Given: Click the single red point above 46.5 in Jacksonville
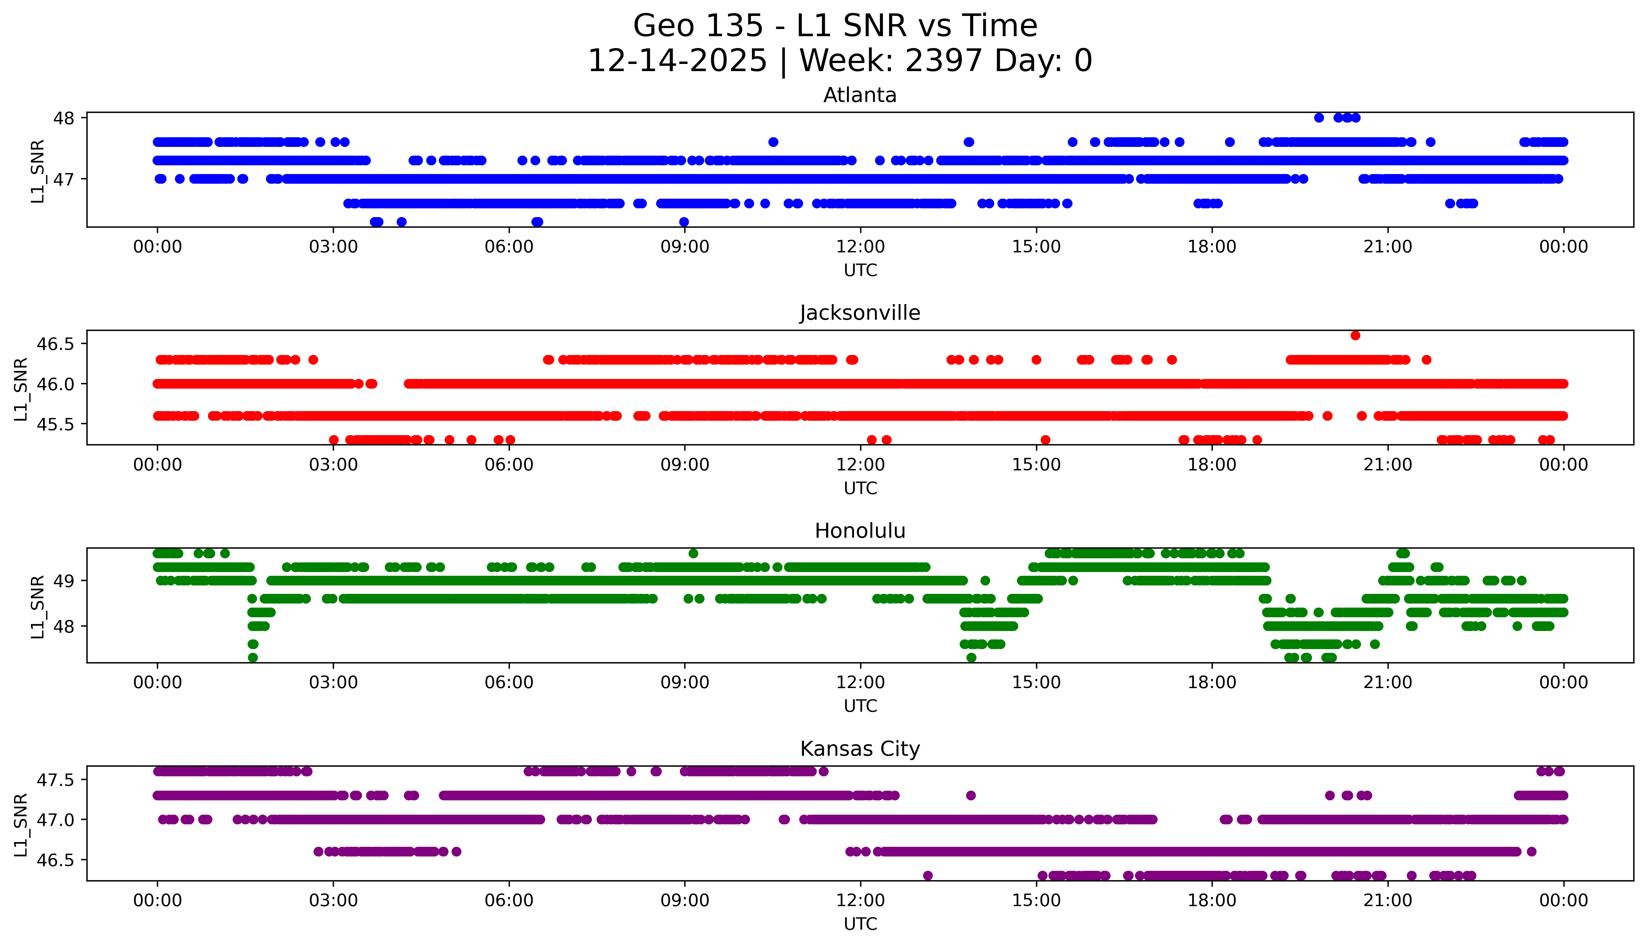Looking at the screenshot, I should [1355, 335].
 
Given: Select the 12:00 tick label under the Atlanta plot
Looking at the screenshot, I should [860, 247].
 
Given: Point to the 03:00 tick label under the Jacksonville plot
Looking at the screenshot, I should [333, 464].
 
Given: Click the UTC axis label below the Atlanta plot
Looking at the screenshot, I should [860, 270].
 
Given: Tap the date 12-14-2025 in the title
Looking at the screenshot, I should [677, 61].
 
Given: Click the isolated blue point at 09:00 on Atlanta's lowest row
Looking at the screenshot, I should [684, 222].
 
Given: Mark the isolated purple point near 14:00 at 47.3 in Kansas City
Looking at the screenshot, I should [971, 795].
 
